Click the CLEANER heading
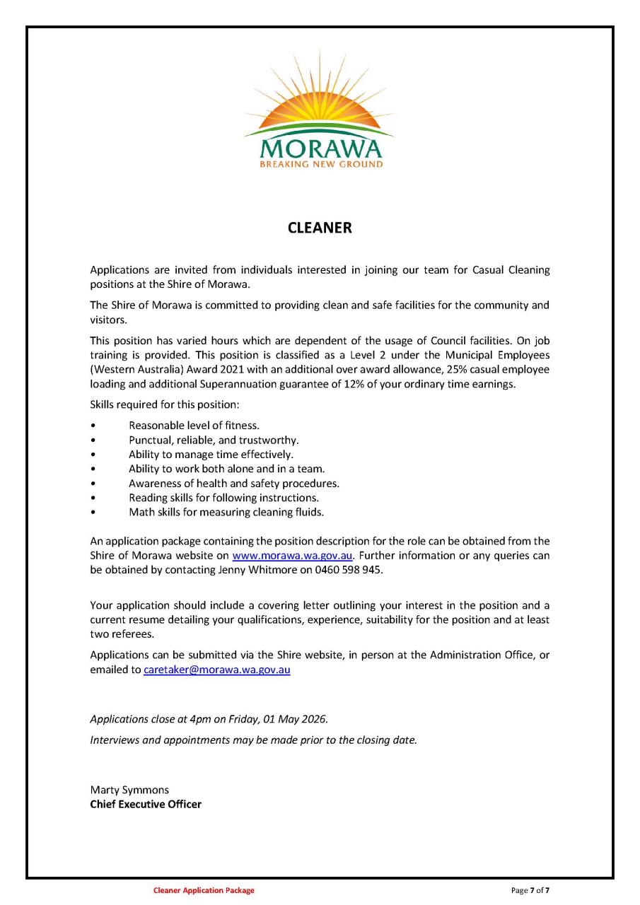click(320, 228)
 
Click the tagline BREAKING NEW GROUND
click(321, 164)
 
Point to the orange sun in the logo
click(319, 106)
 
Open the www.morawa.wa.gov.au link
click(292, 555)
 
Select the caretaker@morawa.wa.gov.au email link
click(217, 670)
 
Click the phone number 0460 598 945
click(349, 570)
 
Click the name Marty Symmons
click(129, 790)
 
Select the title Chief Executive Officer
click(146, 805)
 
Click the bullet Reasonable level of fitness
click(194, 426)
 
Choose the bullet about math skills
click(226, 512)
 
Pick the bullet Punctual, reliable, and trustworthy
click(214, 440)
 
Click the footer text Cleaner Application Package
click(204, 891)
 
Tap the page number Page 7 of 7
click(530, 891)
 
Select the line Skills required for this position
click(165, 405)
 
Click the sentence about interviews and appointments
click(253, 740)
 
